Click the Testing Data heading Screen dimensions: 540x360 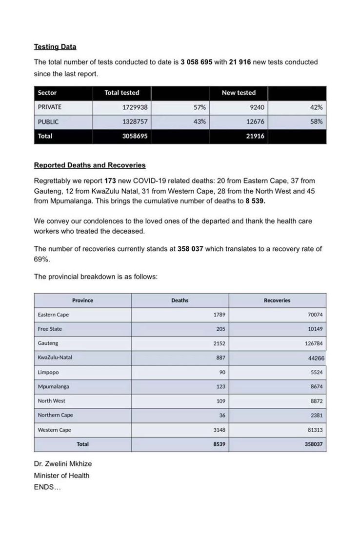pos(55,47)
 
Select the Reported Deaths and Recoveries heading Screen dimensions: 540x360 pos(90,165)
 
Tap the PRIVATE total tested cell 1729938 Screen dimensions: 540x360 pos(135,107)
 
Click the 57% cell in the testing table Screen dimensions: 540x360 pos(200,107)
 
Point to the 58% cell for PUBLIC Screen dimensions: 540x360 pos(317,121)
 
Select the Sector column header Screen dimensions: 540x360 pos(47,93)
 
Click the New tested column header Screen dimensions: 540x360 pos(239,93)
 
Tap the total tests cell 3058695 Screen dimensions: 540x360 pos(135,136)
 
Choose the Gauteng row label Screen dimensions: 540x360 pos(48,343)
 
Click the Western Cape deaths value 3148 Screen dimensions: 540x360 pos(219,430)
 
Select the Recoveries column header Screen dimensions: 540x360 pos(277,300)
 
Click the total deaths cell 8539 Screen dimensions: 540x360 pos(219,444)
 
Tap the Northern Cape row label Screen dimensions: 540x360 pos(56,415)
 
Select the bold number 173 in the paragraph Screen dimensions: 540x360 pos(110,180)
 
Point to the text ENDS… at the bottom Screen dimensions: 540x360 pos(47,487)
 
